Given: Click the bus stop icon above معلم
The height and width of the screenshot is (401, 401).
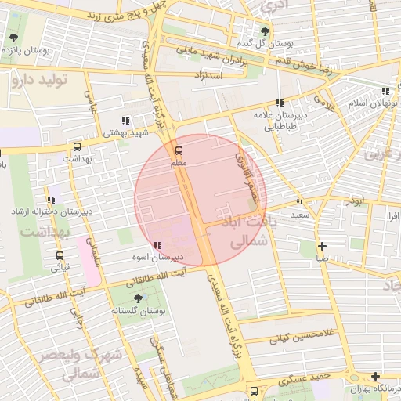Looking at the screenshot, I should point(179,150).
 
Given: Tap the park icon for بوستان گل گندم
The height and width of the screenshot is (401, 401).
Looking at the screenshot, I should point(265,31).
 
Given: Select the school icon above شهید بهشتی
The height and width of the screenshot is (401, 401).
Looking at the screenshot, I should point(125,121).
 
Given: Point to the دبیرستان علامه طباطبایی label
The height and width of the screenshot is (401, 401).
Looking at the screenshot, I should point(274,120).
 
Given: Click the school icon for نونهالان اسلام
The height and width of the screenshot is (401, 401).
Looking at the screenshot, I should point(384,91).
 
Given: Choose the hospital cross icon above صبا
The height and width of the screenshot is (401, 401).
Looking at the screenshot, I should point(322,246).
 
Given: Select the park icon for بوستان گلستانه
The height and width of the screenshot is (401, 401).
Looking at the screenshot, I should point(139,298).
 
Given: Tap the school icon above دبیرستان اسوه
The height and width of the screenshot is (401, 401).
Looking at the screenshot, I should point(159,245).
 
